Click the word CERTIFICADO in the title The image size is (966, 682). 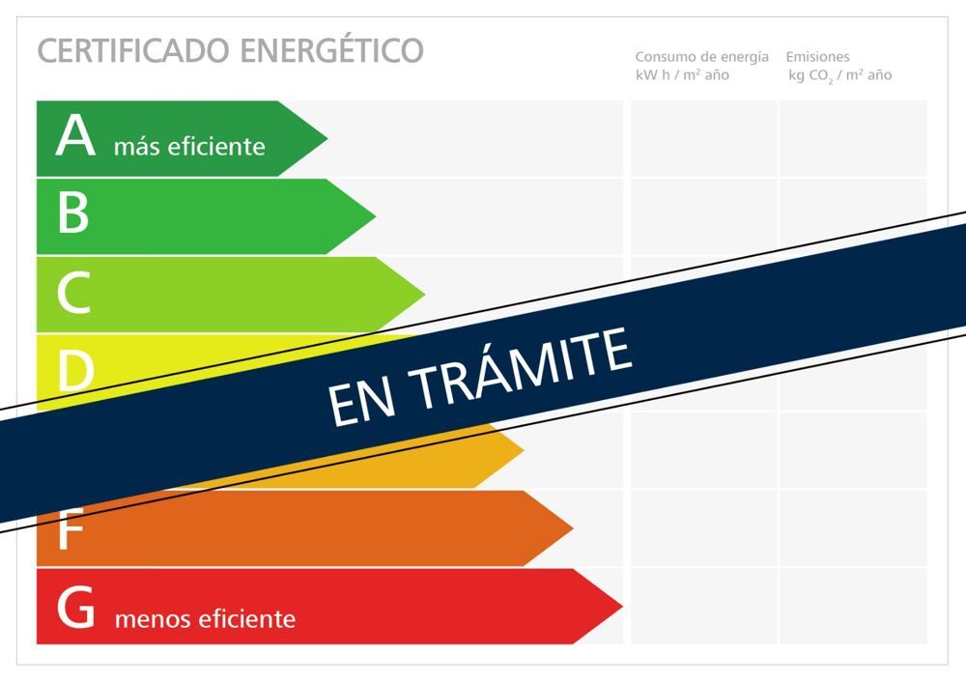(134, 50)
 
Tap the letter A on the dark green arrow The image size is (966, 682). (75, 134)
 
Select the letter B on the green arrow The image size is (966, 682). (73, 213)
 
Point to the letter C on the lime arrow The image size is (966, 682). (74, 292)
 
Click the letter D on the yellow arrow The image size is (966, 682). (75, 370)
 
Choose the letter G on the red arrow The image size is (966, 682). (75, 607)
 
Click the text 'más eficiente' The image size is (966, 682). (189, 147)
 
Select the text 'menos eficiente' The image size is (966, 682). (205, 618)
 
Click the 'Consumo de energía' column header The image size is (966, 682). (701, 57)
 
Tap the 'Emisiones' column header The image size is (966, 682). (817, 57)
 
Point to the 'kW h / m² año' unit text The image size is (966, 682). (682, 75)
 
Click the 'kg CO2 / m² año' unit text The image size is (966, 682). (839, 75)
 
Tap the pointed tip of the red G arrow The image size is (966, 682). (621, 607)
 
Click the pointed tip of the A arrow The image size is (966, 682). (327, 138)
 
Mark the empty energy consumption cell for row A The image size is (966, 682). (703, 138)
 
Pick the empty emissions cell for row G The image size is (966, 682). (853, 607)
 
